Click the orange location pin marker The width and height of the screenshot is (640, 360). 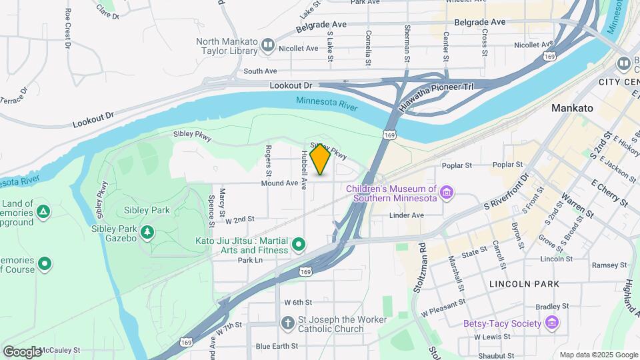click(320, 159)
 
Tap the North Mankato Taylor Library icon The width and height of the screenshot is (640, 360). click(268, 46)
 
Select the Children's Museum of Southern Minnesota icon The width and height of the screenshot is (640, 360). click(447, 193)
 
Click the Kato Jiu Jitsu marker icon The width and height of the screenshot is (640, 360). click(299, 245)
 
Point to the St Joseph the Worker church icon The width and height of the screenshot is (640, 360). click(287, 324)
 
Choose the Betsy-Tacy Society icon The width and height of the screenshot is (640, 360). click(551, 324)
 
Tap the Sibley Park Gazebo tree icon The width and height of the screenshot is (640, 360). click(147, 233)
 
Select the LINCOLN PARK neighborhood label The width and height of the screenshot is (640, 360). click(523, 284)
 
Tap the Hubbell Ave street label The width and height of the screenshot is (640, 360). click(303, 167)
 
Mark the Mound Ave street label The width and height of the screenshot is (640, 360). click(279, 183)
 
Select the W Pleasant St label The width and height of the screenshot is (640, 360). click(443, 307)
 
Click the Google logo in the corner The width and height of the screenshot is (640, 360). click(22, 351)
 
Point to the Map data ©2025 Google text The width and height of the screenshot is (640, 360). click(598, 355)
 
